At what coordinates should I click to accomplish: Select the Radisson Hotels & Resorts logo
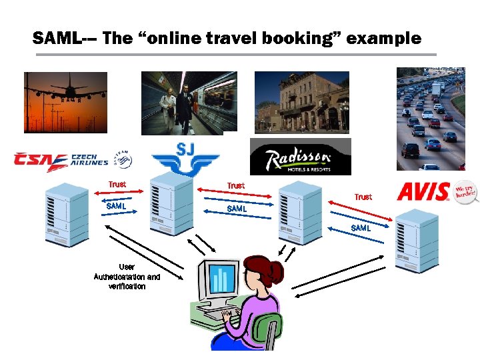pos(299,157)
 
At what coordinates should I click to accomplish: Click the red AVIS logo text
pos(423,192)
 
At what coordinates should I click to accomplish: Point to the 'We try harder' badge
pos(466,193)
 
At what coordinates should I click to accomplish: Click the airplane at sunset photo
pos(65,103)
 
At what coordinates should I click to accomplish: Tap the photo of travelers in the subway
pos(189,103)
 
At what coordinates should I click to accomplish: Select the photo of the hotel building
pos(302,102)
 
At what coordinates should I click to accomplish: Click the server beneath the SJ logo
pos(171,203)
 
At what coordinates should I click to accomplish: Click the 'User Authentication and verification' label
pos(127,276)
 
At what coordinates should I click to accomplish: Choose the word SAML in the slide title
pos(56,39)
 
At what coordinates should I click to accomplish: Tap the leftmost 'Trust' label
pos(117,184)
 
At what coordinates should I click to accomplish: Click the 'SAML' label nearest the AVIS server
pos(361,228)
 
